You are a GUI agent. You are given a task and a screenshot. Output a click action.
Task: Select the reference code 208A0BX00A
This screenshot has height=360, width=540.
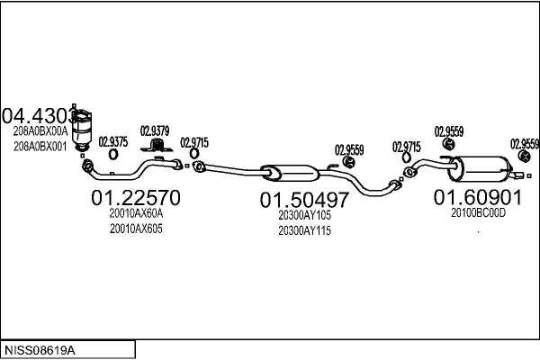[40, 131]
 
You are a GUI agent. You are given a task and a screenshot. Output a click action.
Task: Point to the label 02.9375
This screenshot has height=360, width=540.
[112, 140]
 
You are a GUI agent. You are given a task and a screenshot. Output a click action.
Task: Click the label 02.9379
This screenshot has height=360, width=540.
[154, 130]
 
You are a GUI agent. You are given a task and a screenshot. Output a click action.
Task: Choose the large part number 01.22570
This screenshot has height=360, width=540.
[136, 196]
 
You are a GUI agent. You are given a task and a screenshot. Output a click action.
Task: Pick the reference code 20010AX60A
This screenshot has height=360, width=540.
[136, 214]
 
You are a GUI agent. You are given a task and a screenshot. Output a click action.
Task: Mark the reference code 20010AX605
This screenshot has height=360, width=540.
[136, 229]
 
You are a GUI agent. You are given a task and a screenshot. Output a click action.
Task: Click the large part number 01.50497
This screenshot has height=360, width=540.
[304, 199]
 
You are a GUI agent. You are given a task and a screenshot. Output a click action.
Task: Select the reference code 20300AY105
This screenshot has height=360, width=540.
[304, 216]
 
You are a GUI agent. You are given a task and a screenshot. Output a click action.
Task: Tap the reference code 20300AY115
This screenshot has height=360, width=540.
[304, 231]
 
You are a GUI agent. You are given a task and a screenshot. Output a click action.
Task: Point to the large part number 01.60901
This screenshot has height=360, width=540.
[478, 196]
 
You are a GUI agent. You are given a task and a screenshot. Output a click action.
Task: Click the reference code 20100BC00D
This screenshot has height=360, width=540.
[479, 213]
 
